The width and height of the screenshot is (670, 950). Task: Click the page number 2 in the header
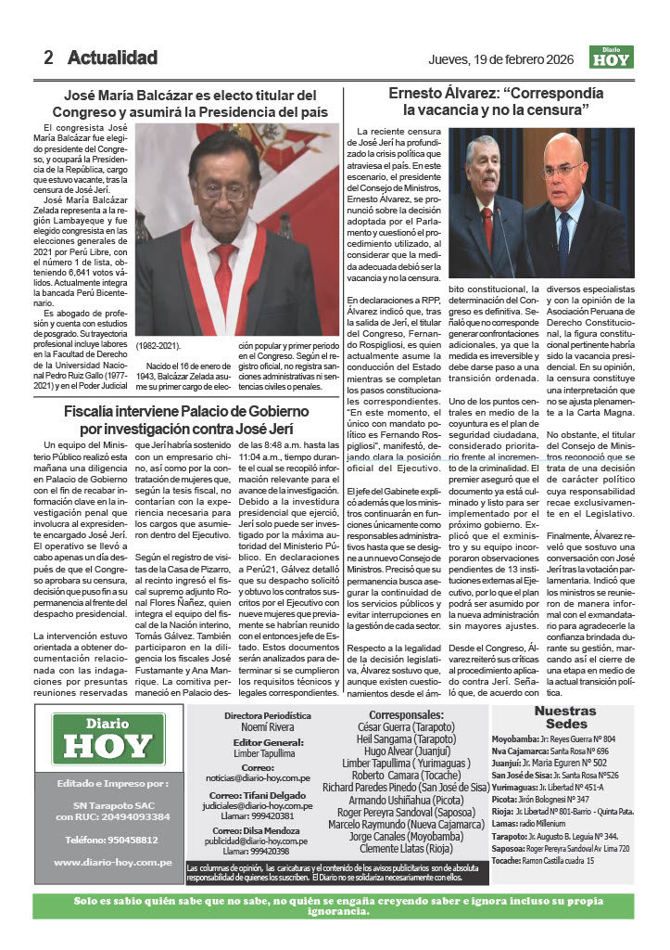tap(48, 58)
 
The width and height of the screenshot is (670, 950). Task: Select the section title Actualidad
tap(112, 58)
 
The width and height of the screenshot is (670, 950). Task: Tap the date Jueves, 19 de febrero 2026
tap(500, 59)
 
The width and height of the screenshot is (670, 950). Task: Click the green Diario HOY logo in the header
tap(613, 58)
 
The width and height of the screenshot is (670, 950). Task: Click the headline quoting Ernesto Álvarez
tap(501, 101)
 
